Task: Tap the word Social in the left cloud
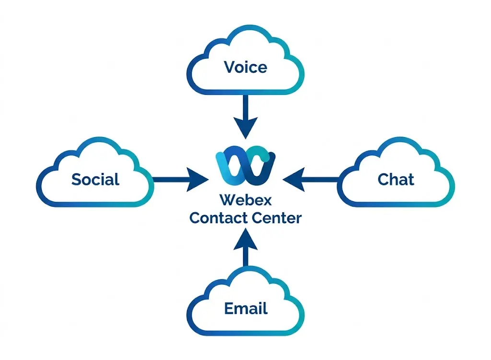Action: coord(95,179)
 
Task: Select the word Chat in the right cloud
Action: coord(396,179)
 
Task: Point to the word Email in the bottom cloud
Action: coord(245,308)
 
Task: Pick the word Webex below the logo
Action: coord(245,198)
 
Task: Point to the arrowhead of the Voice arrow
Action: coord(245,127)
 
